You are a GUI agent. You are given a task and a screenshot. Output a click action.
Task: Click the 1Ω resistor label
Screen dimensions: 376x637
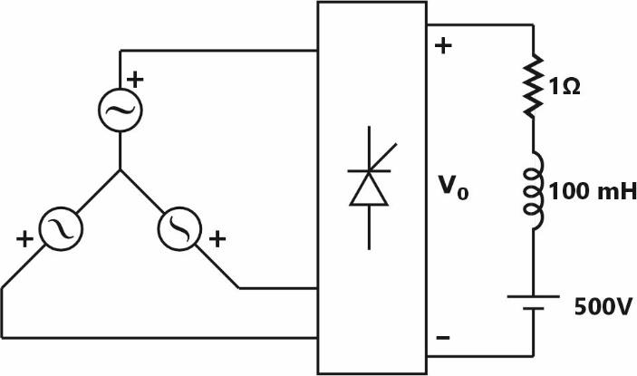(564, 88)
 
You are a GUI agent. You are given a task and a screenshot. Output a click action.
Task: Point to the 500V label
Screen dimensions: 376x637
(603, 306)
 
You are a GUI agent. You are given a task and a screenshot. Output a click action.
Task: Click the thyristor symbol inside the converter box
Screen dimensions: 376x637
(368, 188)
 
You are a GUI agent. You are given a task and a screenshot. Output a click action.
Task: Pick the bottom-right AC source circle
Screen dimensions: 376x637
(179, 228)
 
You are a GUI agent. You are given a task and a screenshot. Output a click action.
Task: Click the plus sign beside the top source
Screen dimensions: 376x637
(136, 80)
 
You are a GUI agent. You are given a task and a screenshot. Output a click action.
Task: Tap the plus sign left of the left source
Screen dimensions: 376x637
(24, 240)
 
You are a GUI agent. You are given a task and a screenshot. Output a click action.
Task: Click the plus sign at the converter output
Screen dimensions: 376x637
(443, 46)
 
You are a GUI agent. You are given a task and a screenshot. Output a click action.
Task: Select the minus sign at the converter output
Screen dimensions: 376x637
(443, 338)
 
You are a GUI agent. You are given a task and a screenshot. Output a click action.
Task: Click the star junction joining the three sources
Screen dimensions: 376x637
(120, 169)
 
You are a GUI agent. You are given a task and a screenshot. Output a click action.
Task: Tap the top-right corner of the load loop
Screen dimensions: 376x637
(530, 25)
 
